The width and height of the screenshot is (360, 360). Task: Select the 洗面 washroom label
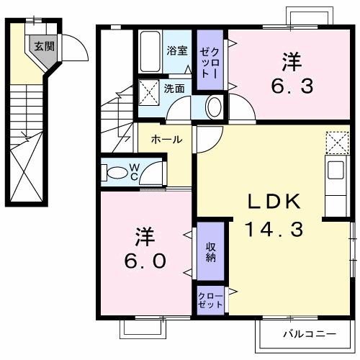point(174,89)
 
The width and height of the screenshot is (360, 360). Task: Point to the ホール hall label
point(166,140)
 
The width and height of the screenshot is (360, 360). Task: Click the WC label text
point(134,173)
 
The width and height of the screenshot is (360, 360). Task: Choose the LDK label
point(274,202)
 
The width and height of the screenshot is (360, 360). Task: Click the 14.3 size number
point(274,230)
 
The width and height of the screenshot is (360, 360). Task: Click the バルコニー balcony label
point(308,334)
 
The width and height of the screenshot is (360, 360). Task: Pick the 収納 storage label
point(212,252)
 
